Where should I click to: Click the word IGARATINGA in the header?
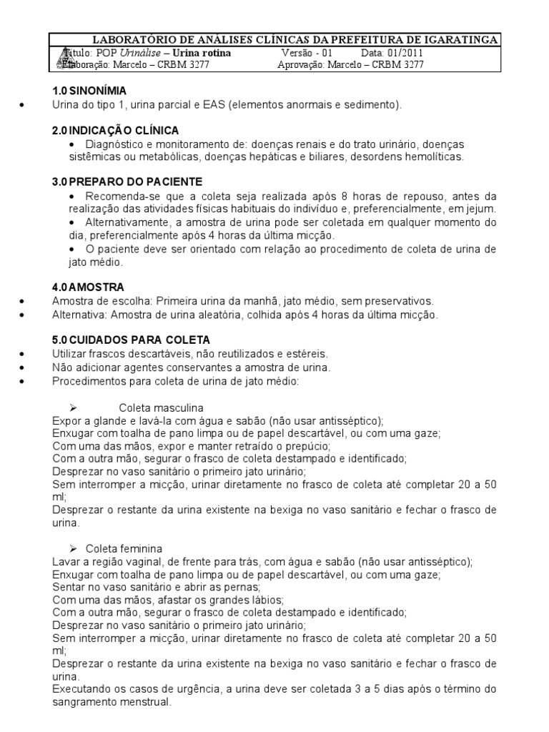coord(462,40)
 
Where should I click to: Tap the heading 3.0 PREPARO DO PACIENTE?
coord(127,182)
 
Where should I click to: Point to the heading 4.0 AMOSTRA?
coord(88,286)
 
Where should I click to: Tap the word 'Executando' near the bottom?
coord(79,689)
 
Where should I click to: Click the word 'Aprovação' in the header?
coord(300,64)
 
